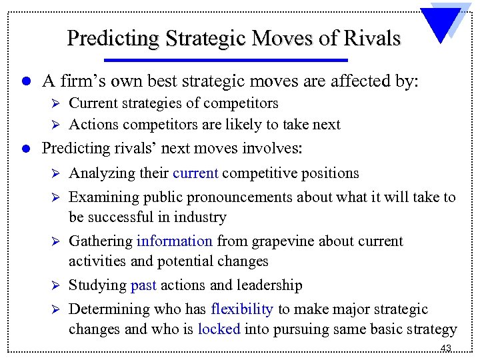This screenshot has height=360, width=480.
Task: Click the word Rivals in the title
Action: [x=372, y=38]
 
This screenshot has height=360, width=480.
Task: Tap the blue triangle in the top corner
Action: [x=447, y=23]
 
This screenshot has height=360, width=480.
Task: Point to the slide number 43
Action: [x=446, y=349]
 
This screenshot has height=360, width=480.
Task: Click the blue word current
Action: [x=195, y=173]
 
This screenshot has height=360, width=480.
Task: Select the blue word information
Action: [x=174, y=241]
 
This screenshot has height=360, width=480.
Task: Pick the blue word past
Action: [x=143, y=285]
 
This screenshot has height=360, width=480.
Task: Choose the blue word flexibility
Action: [x=241, y=309]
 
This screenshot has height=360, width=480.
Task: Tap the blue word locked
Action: [x=219, y=329]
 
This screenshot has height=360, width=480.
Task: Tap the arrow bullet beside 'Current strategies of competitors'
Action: [x=55, y=104]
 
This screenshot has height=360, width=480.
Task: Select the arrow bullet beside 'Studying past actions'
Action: [x=55, y=286]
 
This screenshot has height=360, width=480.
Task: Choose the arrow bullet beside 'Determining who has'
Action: [x=55, y=310]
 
